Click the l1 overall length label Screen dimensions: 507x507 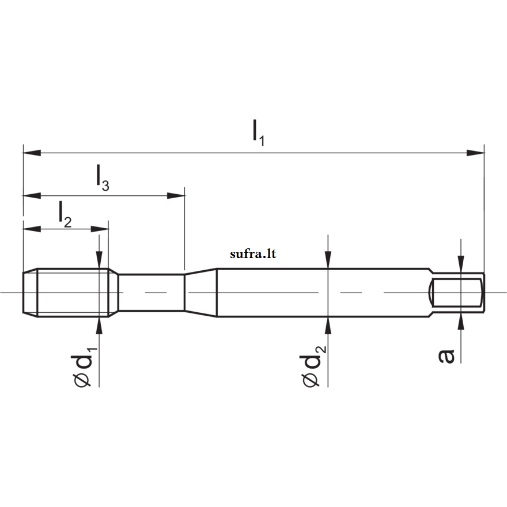click(258, 133)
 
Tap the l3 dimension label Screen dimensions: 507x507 click(103, 178)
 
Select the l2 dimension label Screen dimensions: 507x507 click(65, 214)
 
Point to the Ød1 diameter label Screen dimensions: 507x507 click(84, 367)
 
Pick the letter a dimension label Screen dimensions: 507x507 click(446, 356)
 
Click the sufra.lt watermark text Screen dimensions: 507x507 click(253, 254)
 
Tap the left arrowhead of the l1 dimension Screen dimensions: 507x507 click(32, 153)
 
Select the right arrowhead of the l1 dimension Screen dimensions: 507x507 click(475, 153)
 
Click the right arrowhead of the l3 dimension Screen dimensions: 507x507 click(176, 196)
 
